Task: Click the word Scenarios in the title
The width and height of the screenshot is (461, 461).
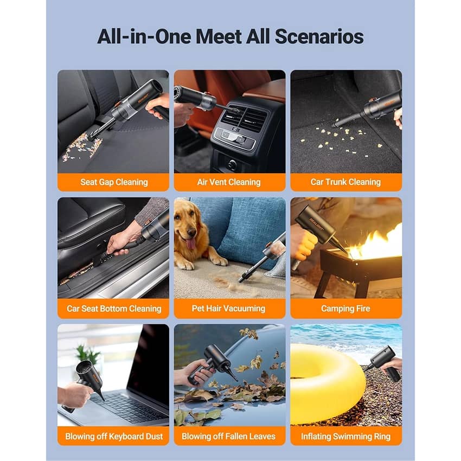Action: click(319, 36)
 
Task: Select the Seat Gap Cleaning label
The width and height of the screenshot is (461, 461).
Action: click(114, 182)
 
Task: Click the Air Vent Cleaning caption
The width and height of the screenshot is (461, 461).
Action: click(229, 182)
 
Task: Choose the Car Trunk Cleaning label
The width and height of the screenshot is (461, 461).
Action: click(345, 182)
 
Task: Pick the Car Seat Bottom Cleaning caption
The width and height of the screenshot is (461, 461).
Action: click(114, 309)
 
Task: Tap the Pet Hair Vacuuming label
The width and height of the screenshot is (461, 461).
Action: click(228, 309)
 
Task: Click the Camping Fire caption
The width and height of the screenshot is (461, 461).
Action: click(345, 309)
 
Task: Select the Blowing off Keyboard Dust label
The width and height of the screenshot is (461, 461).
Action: click(114, 436)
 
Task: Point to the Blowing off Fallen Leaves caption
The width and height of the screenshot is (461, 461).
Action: click(228, 436)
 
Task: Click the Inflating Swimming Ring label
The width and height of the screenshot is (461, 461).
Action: click(345, 436)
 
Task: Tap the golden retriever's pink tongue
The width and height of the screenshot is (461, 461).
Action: click(191, 243)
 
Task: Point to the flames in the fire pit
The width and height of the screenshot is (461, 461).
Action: click(379, 244)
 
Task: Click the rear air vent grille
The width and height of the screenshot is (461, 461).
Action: click(244, 118)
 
